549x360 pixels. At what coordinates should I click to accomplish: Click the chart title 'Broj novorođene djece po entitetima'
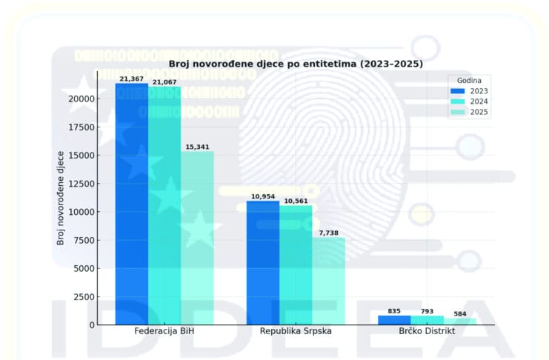[x=296, y=64]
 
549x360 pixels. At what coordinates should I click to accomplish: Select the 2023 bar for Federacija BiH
[x=132, y=204]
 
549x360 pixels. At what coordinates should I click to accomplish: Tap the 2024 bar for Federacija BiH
[x=164, y=205]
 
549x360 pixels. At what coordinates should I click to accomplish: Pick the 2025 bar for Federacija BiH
[x=197, y=238]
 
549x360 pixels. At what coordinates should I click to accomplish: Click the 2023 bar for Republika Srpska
[x=263, y=262]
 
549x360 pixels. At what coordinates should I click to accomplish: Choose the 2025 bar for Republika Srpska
[x=328, y=281]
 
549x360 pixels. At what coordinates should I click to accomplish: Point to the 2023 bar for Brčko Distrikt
[x=394, y=320]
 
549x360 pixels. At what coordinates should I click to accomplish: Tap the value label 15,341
[x=197, y=147]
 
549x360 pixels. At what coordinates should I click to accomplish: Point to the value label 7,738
[x=328, y=233]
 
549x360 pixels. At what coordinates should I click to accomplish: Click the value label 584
[x=460, y=314]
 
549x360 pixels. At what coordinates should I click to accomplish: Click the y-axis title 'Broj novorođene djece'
[x=60, y=196]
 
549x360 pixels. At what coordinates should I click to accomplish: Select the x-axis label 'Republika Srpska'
[x=296, y=331]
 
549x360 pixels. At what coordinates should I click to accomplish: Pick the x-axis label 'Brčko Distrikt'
[x=427, y=331]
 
